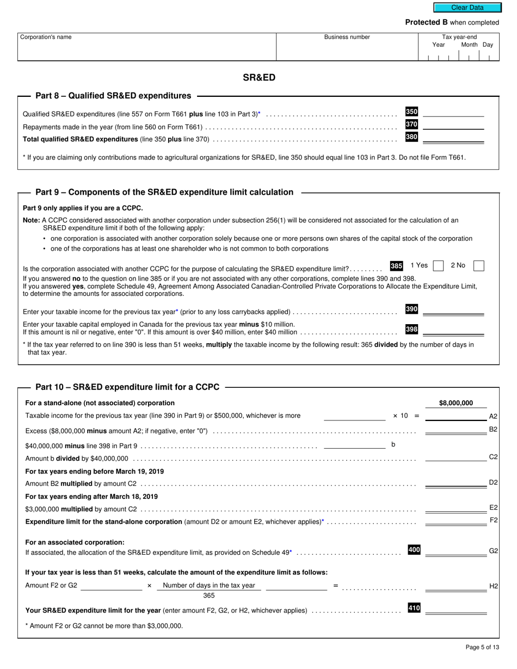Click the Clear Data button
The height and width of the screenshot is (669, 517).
(x=467, y=8)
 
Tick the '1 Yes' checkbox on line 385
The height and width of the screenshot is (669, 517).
(x=438, y=266)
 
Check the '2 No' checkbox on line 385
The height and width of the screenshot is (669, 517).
(x=479, y=266)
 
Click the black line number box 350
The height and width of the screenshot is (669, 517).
(x=411, y=112)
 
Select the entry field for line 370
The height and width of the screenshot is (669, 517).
(x=453, y=125)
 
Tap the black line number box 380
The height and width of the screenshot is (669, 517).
(x=411, y=137)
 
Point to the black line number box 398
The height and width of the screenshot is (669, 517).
(x=411, y=329)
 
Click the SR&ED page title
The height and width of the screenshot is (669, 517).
(x=259, y=77)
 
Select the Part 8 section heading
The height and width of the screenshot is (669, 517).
(x=113, y=96)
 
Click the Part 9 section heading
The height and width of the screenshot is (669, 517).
(x=164, y=192)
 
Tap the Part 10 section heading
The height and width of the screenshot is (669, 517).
(x=127, y=387)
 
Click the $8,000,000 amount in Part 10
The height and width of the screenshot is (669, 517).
(x=456, y=403)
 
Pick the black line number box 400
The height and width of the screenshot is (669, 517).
(x=414, y=550)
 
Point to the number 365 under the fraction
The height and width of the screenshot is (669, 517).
(x=209, y=596)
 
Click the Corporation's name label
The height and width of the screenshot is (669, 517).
(x=46, y=37)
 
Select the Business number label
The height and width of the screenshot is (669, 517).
(x=347, y=37)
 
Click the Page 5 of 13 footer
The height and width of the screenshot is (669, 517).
(x=482, y=647)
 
